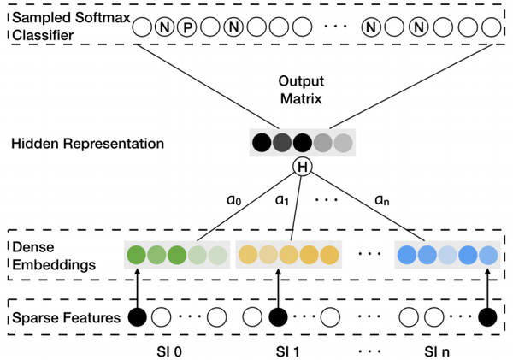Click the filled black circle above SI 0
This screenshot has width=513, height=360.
136,317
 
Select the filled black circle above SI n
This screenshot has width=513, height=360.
487,317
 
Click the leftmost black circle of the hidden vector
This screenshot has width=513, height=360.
260,143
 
